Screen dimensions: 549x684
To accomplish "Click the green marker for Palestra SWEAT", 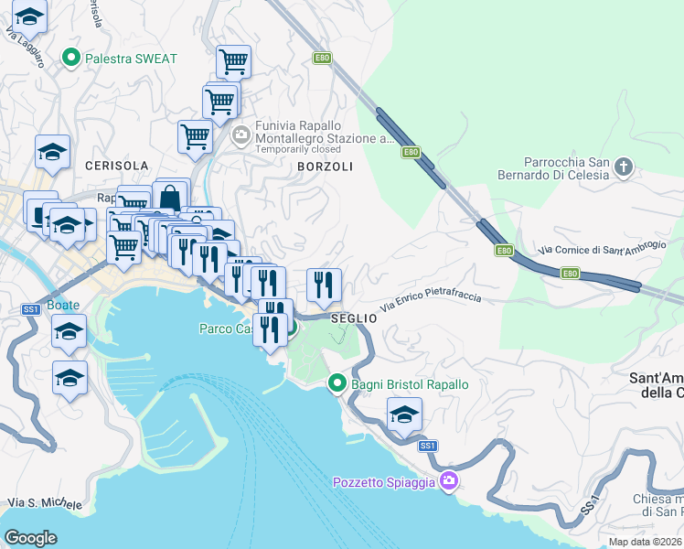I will pyautogui.click(x=71, y=59).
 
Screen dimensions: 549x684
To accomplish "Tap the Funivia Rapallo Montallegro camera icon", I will pyautogui.click(x=241, y=136).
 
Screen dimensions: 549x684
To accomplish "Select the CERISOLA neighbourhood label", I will pyautogui.click(x=116, y=166).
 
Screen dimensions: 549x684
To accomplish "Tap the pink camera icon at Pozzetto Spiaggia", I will pyautogui.click(x=448, y=481).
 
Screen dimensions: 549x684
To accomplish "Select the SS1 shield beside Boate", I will pyautogui.click(x=31, y=310).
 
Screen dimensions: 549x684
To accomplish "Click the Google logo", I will pyautogui.click(x=30, y=537).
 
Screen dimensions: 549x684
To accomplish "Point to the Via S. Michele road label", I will pyautogui.click(x=44, y=503).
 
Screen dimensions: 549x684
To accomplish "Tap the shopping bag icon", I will pyautogui.click(x=170, y=197).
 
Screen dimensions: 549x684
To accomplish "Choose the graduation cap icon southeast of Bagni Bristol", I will pyautogui.click(x=404, y=416).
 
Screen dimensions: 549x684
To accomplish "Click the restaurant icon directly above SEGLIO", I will pyautogui.click(x=324, y=285).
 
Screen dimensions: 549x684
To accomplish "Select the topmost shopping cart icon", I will pyautogui.click(x=233, y=62).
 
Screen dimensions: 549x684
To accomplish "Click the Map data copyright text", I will pyautogui.click(x=646, y=542).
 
